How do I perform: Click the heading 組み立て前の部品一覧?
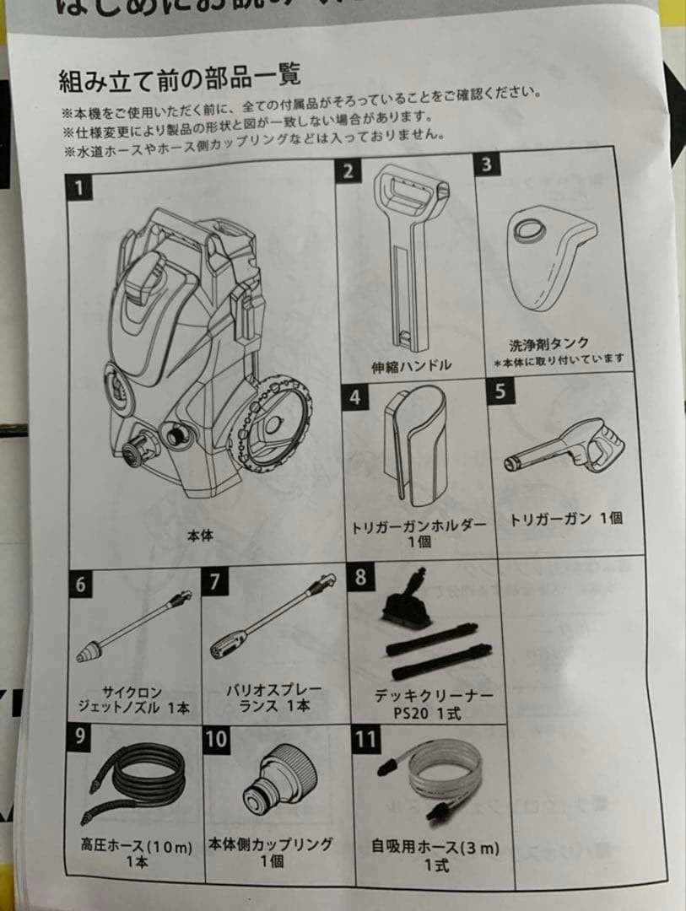(179, 80)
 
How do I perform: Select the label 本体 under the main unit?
(200, 535)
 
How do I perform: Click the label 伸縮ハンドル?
(412, 365)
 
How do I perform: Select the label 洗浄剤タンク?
(548, 344)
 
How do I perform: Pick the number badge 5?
(500, 393)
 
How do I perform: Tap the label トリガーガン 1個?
(566, 519)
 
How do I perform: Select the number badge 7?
(217, 583)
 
